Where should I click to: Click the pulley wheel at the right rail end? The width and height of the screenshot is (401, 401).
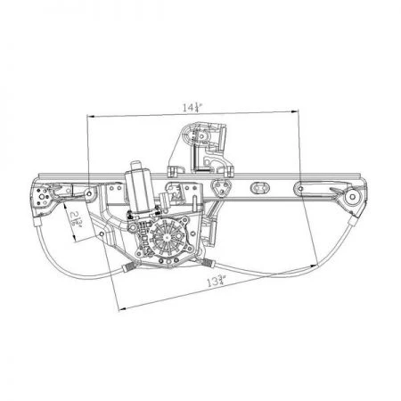pos(355,197)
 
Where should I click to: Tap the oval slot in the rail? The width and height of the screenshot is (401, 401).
pos(265,188)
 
